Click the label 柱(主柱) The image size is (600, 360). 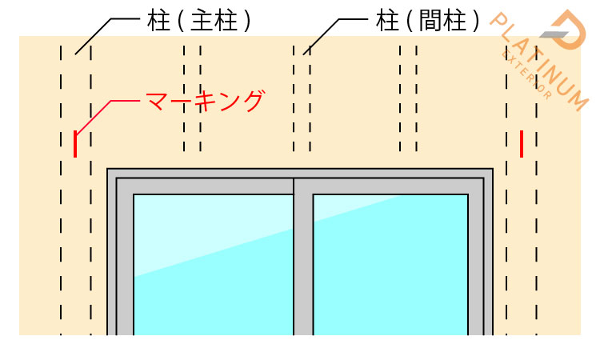coord(199,21)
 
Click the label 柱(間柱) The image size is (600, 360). coord(427,21)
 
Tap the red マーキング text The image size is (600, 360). coord(206,101)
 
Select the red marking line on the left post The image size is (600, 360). coord(75,144)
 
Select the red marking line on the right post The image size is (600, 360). coord(522,144)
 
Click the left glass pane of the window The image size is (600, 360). coord(213,265)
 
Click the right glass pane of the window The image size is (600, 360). coord(390,265)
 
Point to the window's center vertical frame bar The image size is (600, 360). coord(303,260)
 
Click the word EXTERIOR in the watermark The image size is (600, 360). coord(526,74)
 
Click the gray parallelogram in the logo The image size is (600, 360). coord(554,34)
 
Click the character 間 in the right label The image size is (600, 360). coord(431,21)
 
